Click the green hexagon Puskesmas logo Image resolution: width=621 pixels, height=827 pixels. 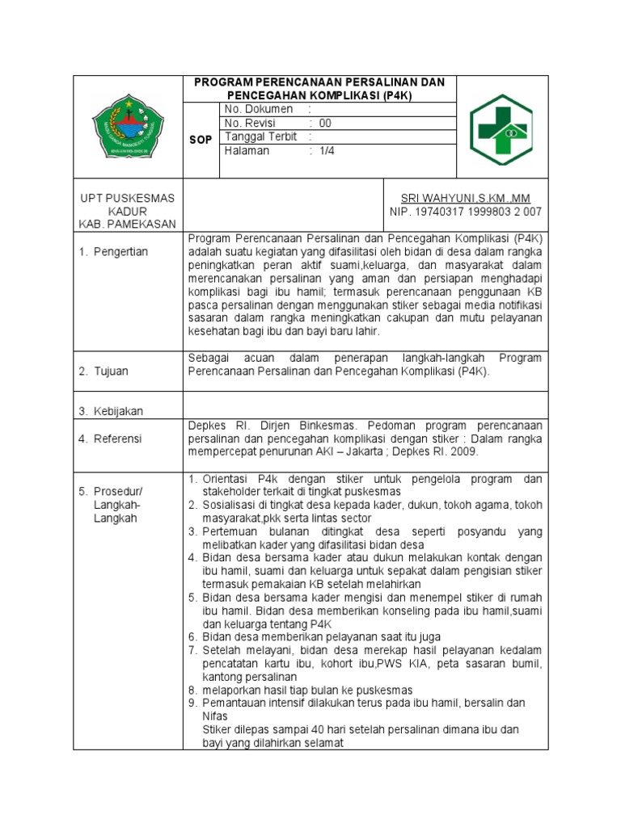coord(502,129)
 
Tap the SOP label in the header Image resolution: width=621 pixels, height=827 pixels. coord(201,140)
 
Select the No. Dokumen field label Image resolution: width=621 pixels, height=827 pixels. coord(253,109)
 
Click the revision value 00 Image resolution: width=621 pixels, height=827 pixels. coord(325,124)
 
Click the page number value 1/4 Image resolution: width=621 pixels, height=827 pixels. coord(327,151)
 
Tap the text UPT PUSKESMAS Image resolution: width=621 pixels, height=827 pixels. coord(127,199)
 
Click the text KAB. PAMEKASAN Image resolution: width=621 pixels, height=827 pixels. coord(127,225)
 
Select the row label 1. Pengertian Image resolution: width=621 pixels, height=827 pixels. coord(113,252)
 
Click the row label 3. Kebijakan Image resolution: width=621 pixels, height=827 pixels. coord(111,411)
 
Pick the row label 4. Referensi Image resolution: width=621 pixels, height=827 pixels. coord(110,439)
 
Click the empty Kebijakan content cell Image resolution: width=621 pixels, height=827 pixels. coord(365,404)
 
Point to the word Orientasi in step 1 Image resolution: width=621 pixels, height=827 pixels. coord(227,479)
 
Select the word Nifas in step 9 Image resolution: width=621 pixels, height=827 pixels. coord(215,716)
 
